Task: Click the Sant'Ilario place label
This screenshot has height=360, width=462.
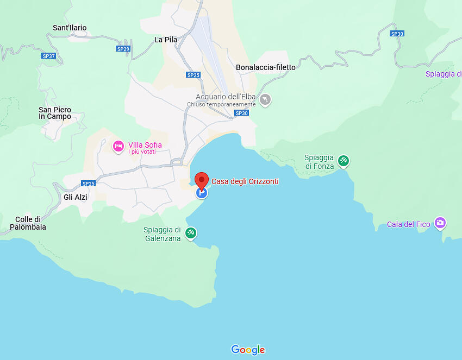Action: coord(70,28)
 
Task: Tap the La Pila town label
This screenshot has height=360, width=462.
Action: coord(166,40)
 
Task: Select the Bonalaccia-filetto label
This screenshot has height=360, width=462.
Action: coord(266,67)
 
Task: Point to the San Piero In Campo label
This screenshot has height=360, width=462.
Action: coord(55,113)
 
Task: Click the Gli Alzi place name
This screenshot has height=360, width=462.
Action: coord(76,197)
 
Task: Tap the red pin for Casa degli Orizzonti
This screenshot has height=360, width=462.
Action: coord(202,180)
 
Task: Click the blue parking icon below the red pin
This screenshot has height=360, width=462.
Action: coord(202,193)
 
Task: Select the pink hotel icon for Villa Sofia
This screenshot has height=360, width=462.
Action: coord(118,146)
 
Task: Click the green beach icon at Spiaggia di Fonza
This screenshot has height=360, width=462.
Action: coord(343,161)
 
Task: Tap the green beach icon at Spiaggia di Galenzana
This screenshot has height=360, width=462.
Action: coord(191,233)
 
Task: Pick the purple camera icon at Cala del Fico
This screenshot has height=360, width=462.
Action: coord(440,223)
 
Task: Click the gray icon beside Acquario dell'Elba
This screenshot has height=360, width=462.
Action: coord(265,100)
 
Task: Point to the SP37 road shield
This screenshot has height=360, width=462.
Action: coord(49,56)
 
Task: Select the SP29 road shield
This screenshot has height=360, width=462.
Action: coord(123,49)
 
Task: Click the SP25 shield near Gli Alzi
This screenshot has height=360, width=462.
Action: coord(88,184)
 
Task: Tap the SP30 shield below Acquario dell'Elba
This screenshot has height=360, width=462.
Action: coord(241,113)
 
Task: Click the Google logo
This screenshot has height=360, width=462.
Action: coord(248,350)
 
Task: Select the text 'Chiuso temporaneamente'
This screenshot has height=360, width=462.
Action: coord(221,104)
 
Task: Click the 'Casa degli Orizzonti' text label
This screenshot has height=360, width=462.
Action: coord(245,181)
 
